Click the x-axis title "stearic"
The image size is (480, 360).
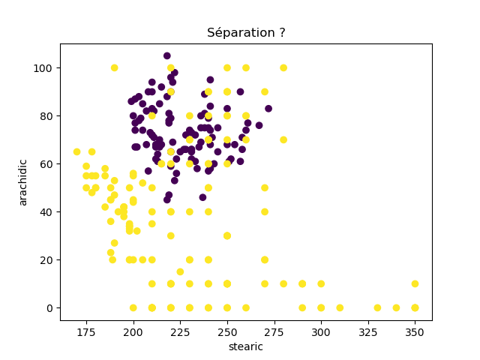click(246, 346)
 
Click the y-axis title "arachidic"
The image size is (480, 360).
click(23, 182)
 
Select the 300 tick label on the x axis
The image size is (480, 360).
click(321, 331)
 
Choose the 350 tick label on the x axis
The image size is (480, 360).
click(415, 331)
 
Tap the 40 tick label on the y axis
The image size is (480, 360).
click(49, 212)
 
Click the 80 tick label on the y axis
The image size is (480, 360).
click(49, 116)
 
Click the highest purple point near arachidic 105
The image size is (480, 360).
click(166, 55)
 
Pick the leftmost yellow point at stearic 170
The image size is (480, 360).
click(76, 151)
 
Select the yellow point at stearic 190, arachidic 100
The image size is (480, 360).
click(114, 67)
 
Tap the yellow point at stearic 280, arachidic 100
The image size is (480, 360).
click(283, 67)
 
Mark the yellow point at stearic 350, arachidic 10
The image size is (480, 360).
click(415, 283)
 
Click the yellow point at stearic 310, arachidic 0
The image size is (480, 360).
click(340, 307)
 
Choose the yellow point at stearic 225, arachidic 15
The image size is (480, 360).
click(180, 271)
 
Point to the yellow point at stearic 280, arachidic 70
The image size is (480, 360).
click(283, 139)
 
